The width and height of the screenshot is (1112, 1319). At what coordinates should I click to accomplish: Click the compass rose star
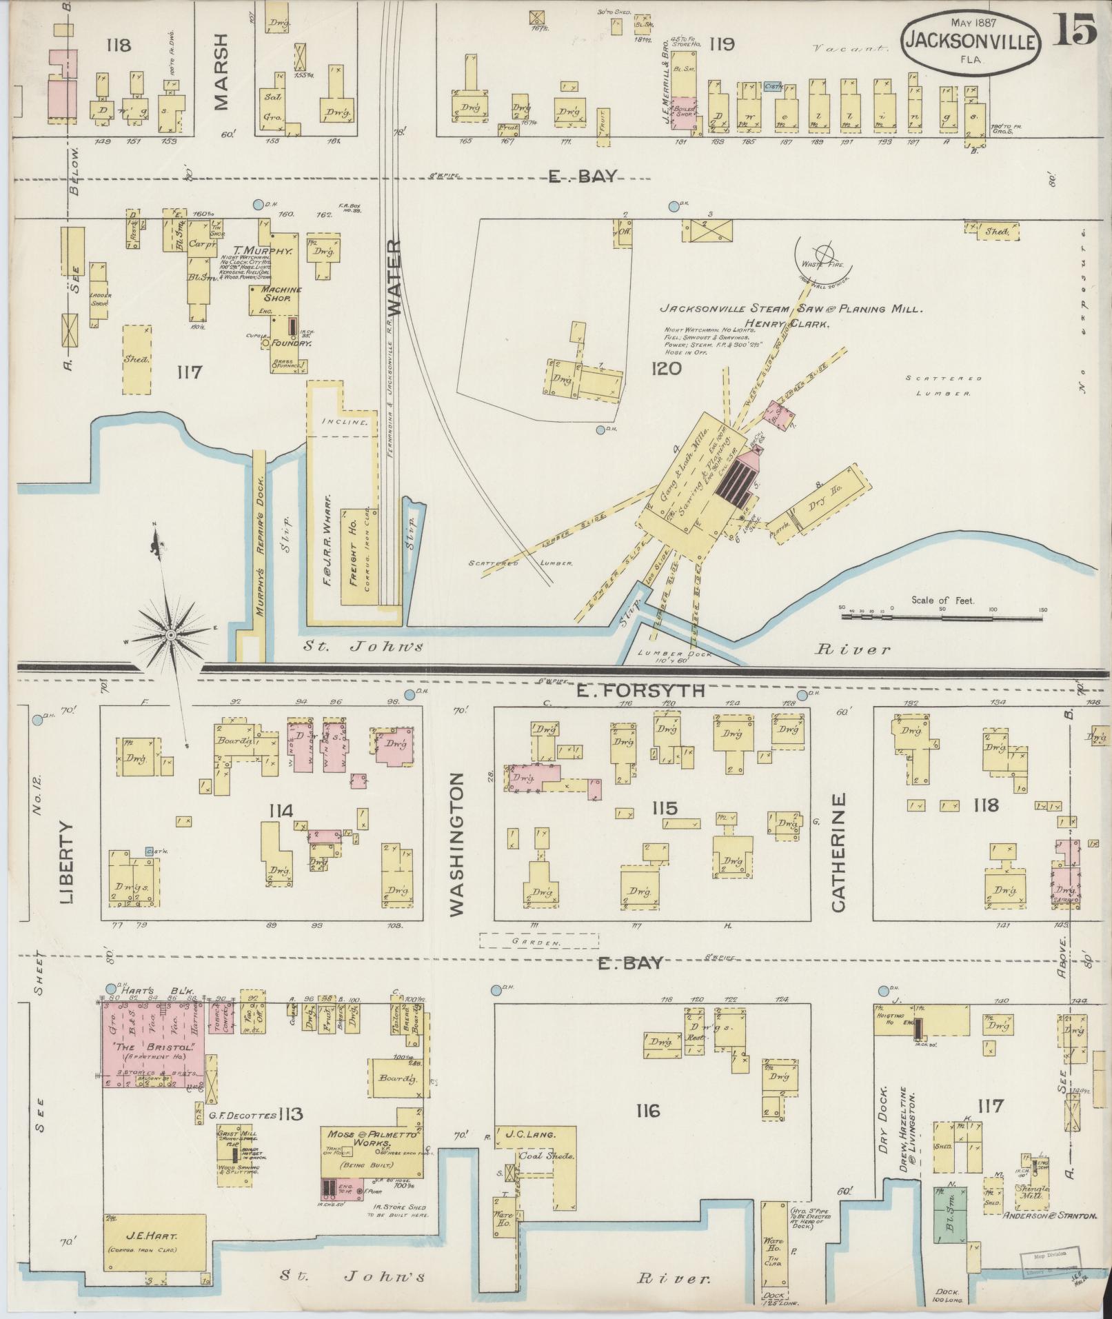coord(170,634)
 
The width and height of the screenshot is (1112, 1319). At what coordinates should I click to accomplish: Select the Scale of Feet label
coord(942,600)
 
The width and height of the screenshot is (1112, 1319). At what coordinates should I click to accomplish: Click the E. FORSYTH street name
coord(639,690)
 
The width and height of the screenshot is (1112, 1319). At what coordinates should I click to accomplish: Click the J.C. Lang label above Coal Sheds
coord(530,1134)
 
